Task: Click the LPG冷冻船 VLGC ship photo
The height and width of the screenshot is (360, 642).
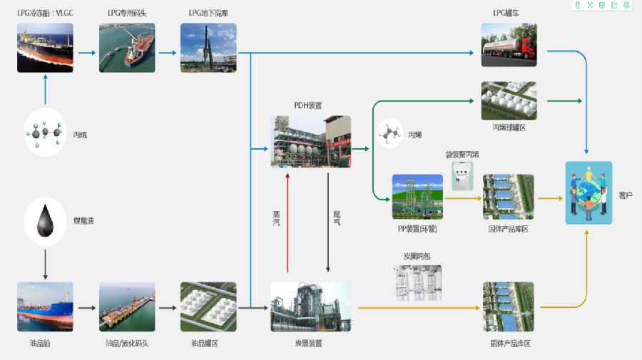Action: [x=45, y=48]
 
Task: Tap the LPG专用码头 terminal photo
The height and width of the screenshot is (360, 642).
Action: [x=127, y=48]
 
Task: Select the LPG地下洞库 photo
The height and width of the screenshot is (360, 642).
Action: [x=208, y=48]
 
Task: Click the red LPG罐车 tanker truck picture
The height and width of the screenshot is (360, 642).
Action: [x=509, y=46]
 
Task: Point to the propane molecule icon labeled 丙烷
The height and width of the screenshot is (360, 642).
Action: [x=44, y=132]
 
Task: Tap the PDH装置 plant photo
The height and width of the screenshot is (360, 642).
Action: [x=311, y=140]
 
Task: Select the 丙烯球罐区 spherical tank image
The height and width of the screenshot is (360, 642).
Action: [x=509, y=101]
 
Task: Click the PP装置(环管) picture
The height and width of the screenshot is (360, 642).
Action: [x=417, y=197]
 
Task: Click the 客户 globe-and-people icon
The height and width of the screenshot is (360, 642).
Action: [x=588, y=192]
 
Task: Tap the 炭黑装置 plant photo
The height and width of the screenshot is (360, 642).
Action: [x=310, y=307]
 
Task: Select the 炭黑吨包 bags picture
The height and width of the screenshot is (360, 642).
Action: [x=418, y=282]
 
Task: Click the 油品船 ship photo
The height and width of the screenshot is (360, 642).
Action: [x=45, y=307]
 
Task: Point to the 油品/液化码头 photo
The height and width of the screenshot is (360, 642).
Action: [x=127, y=307]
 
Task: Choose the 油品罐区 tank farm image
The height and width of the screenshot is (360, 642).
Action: [x=208, y=307]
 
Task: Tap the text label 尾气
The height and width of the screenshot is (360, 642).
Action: [x=337, y=218]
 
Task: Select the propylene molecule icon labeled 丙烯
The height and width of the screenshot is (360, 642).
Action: [x=389, y=133]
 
